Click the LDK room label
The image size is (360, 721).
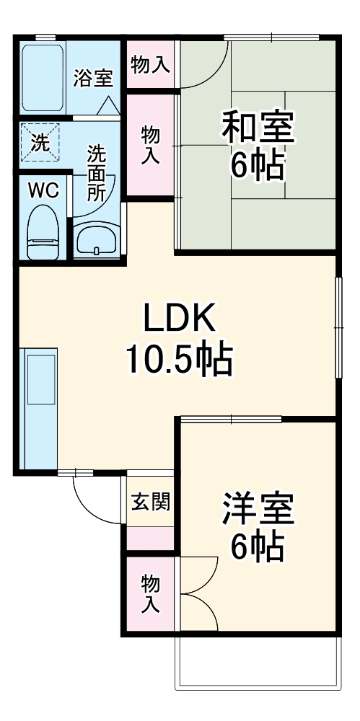tap(180, 318)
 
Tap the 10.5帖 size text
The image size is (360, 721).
tap(180, 358)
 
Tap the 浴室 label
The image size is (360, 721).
tap(93, 78)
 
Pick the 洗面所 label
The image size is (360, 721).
tap(97, 173)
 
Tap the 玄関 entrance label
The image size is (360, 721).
tap(151, 502)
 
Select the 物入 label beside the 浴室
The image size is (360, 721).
tap(150, 65)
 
